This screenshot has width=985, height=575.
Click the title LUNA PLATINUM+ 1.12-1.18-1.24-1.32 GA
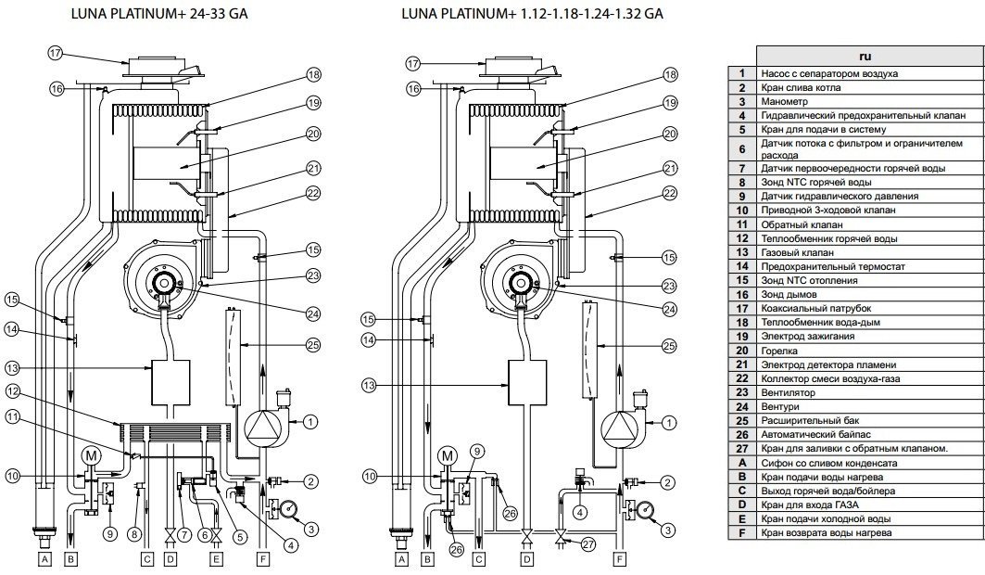(x=532, y=14)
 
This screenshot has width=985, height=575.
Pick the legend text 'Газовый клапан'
(x=796, y=252)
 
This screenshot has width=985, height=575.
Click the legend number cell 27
(x=742, y=448)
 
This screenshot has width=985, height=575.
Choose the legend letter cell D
(x=742, y=505)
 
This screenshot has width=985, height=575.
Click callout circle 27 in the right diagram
(x=587, y=545)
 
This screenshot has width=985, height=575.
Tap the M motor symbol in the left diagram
(x=91, y=455)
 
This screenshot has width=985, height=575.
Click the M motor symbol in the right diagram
(x=448, y=455)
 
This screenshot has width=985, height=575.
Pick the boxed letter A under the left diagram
(x=44, y=559)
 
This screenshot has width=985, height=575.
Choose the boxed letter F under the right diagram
(x=619, y=559)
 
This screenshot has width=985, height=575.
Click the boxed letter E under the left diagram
(x=216, y=559)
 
